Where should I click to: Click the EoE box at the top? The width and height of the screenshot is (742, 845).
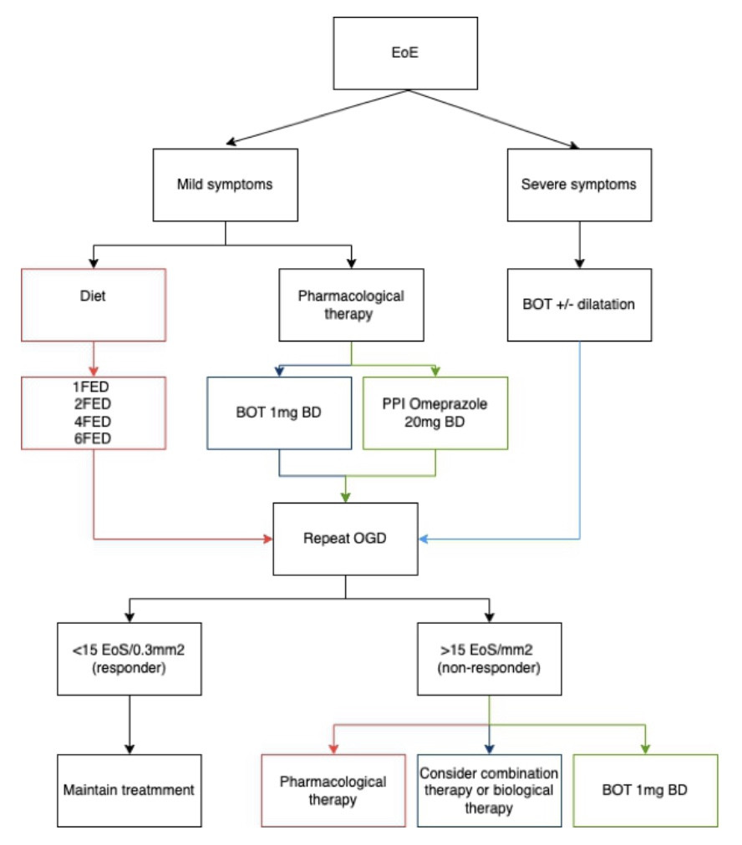(405, 53)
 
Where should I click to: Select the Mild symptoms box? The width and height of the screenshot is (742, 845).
(225, 185)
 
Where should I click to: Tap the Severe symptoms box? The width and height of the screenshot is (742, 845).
(579, 185)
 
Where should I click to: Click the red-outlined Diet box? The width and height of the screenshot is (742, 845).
(94, 305)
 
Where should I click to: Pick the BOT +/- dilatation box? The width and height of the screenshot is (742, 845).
(579, 305)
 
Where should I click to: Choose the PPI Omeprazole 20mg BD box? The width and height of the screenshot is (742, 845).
(435, 412)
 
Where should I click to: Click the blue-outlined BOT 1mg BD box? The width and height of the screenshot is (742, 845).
(279, 412)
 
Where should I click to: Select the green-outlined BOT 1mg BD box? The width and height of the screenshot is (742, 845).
(645, 791)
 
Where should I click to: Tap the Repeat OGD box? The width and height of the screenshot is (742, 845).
(345, 539)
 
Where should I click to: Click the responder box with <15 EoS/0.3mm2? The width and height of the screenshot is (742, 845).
(130, 659)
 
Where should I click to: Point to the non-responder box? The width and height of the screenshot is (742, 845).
(489, 659)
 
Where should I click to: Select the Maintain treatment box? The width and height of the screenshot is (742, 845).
(130, 791)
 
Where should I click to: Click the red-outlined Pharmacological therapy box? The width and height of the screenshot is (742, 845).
(333, 791)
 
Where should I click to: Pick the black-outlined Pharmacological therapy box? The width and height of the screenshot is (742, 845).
(351, 305)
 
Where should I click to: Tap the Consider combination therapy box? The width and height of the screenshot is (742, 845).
(489, 791)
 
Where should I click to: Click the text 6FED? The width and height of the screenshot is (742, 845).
(93, 438)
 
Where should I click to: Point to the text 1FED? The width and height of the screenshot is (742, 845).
(91, 387)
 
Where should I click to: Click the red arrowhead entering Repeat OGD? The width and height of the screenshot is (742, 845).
(268, 539)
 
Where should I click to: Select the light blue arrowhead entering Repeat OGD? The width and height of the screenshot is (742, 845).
(424, 539)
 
